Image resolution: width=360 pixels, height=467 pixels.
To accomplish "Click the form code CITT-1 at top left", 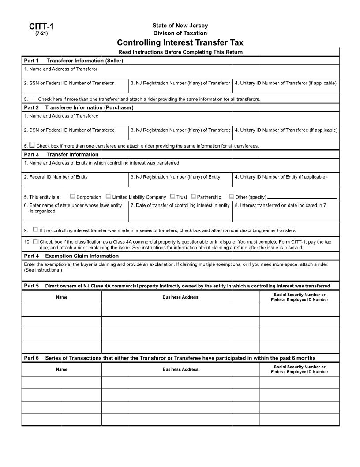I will tap(41, 27).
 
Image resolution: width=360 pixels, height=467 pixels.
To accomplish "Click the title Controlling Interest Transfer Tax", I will tap(180, 43).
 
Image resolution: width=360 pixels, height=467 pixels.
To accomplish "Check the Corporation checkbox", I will tap(72, 196).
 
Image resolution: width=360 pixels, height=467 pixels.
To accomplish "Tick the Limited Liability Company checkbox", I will tap(108, 196).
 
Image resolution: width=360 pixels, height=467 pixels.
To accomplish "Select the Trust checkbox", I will tap(172, 196).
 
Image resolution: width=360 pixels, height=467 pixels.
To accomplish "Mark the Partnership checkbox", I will tap(193, 196).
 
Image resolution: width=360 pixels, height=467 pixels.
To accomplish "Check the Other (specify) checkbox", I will tap(231, 196).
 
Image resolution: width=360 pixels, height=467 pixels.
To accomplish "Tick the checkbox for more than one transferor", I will tap(32, 98).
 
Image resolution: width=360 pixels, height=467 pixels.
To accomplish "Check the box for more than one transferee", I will tap(32, 145).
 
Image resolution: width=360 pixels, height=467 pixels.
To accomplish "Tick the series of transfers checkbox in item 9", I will tap(35, 230).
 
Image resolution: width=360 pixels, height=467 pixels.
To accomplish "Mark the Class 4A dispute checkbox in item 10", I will tap(35, 241).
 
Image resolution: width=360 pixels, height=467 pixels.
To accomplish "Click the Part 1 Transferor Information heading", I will tap(73, 61).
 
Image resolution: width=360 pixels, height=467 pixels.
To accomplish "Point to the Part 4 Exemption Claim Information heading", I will tap(71, 256).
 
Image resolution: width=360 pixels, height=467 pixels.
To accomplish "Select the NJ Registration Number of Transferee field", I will tap(180, 134).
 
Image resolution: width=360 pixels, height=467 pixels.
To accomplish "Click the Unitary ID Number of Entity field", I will tap(285, 181).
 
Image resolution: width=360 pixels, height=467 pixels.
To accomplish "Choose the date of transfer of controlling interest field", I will tap(180, 214).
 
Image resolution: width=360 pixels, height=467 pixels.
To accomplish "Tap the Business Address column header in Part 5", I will tap(180, 297).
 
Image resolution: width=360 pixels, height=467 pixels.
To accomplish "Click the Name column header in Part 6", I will tap(62, 369).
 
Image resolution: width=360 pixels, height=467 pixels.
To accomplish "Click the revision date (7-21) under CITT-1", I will tap(41, 34).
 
